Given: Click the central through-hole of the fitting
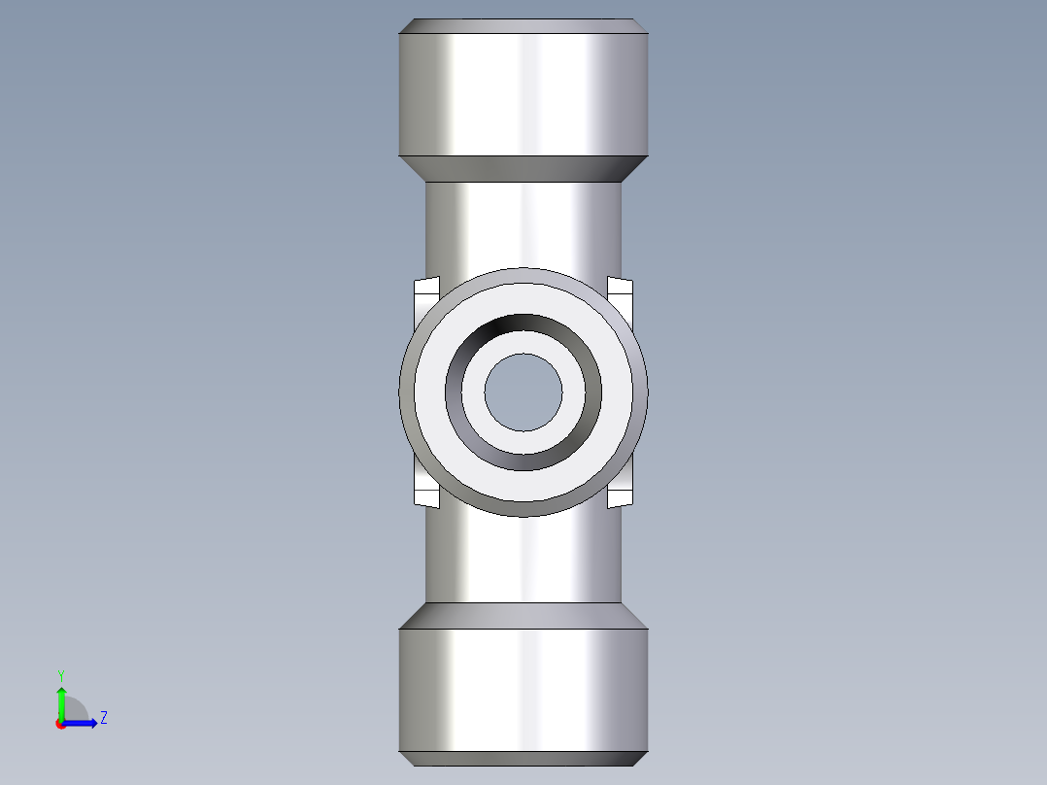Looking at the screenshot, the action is pos(523,392).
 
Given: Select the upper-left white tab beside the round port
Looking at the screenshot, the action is pos(426,294).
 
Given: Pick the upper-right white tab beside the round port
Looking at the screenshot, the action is pos(621,294).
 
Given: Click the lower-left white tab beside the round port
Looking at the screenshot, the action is pos(426,491).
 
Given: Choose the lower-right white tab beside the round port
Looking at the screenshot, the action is pos(621,491).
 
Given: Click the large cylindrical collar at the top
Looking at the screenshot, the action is pos(523,94).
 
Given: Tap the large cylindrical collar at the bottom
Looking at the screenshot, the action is pos(523,690).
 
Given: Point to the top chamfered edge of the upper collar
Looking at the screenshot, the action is pos(523,26).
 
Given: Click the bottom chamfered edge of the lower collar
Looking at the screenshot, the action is pos(523,759).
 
